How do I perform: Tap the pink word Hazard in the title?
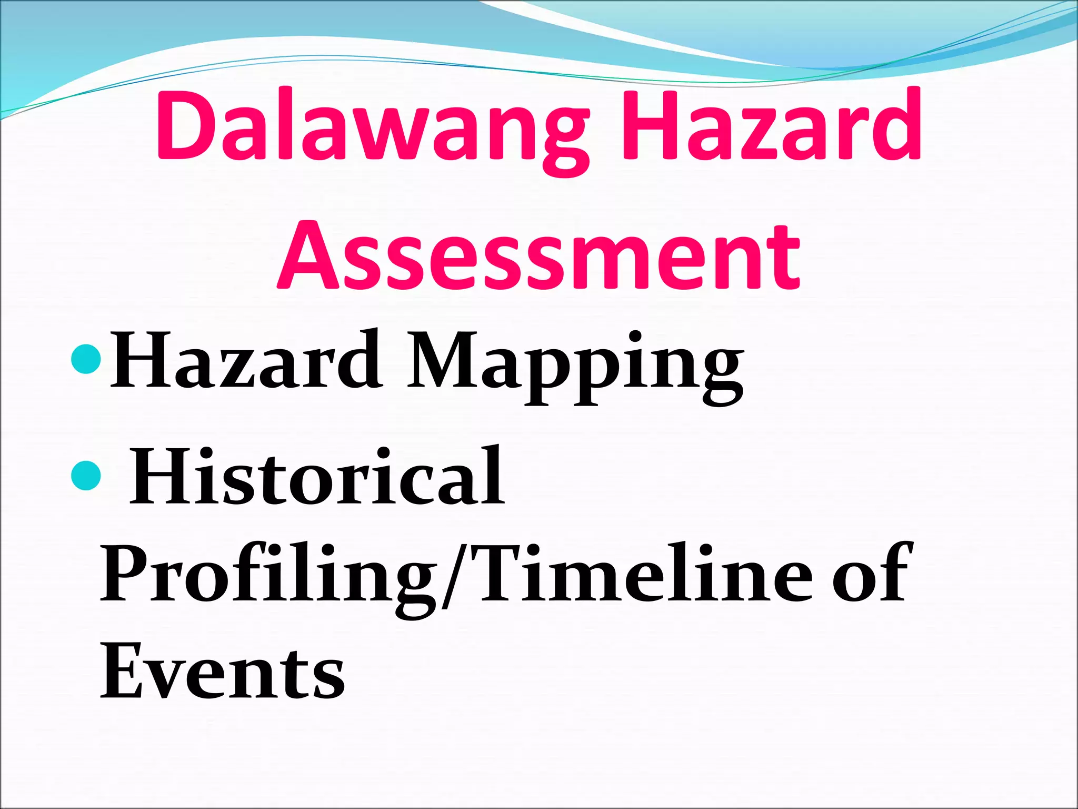tap(771, 126)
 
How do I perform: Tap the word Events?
tap(223, 672)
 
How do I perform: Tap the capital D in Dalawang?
tap(184, 126)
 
